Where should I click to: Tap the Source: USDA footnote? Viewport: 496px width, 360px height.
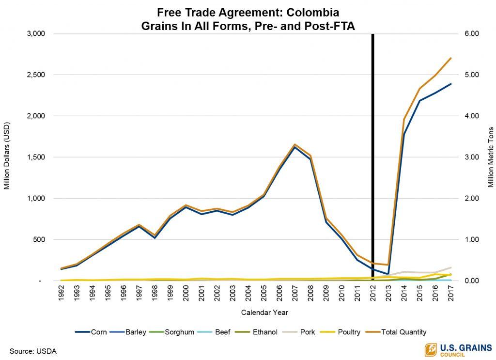[33, 351]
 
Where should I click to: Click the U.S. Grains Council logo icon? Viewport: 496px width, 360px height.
[431, 350]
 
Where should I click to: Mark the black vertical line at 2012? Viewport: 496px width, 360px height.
[372, 145]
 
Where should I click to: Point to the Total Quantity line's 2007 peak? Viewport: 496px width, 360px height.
[294, 144]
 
